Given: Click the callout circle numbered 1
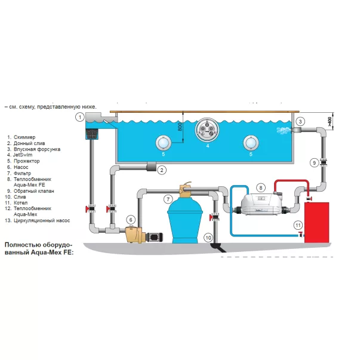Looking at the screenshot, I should [x=80, y=117].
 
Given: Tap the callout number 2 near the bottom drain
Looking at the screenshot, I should [x=161, y=170].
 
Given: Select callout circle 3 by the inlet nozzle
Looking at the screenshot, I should [x=300, y=121].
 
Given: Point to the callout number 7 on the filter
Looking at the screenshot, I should [x=168, y=199].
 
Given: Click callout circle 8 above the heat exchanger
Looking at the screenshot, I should [x=260, y=188].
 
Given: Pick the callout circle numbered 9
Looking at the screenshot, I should [x=314, y=162].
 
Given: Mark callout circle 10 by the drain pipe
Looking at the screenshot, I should [x=208, y=238].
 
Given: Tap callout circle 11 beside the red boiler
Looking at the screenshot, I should [x=299, y=225].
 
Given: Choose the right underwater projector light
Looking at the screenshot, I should [x=251, y=143].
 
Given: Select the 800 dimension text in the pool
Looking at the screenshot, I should [x=179, y=127].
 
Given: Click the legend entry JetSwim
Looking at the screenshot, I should [x=24, y=155].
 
